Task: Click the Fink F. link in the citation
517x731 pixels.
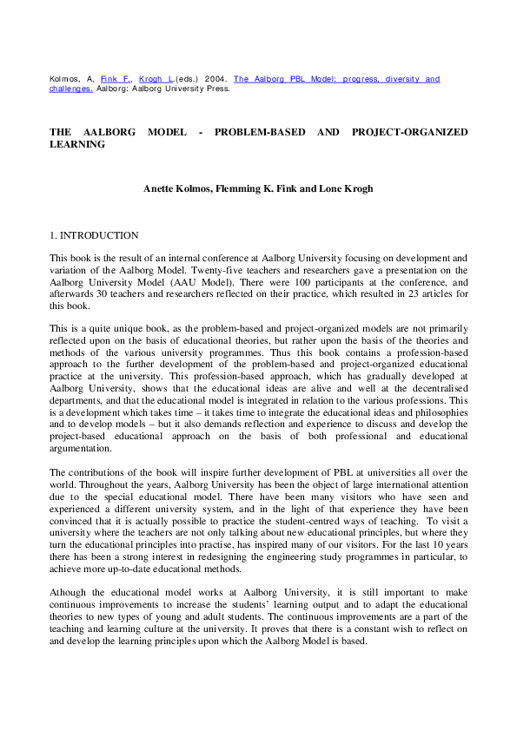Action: [x=113, y=79]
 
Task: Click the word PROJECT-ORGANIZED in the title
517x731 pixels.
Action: [x=410, y=132]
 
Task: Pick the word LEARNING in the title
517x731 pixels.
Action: [x=77, y=144]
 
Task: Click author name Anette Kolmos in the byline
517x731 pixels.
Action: [x=179, y=188]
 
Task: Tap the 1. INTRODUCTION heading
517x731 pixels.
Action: [x=94, y=235]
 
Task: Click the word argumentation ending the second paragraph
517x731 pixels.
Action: [x=81, y=448]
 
